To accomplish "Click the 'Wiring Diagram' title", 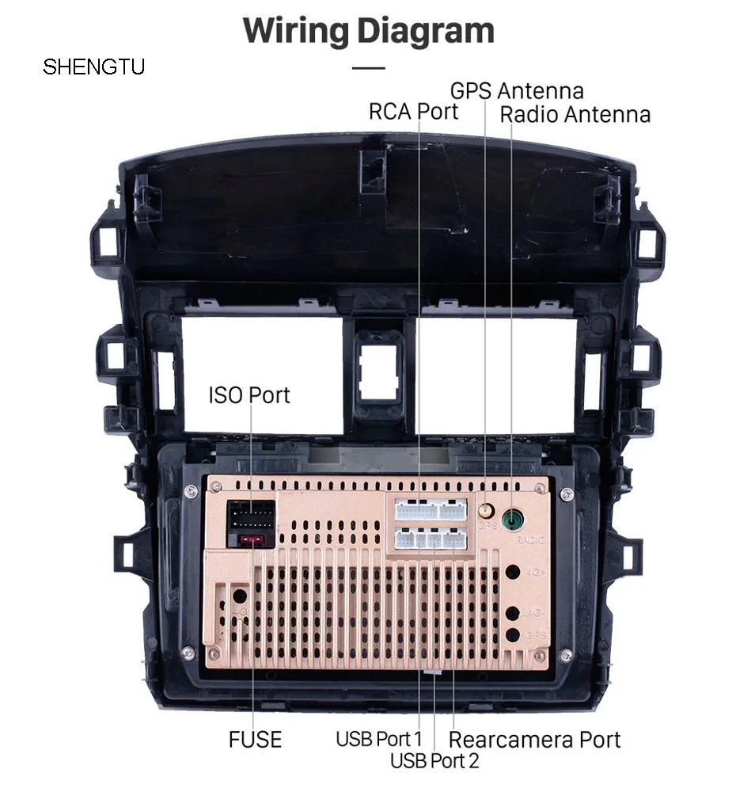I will [368, 31].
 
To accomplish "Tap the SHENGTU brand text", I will [93, 67].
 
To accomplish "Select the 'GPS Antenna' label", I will [517, 90].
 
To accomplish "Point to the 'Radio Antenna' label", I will [575, 114].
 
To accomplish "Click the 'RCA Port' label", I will [413, 111].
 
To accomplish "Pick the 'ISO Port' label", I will [249, 394].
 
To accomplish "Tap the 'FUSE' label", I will [255, 740].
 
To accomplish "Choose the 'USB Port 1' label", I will [379, 739].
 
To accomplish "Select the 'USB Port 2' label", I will [434, 761].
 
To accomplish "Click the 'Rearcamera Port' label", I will [534, 740].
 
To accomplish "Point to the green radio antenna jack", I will [514, 520].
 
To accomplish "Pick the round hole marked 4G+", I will [513, 570].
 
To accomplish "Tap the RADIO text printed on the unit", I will [530, 540].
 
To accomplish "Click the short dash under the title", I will [368, 68].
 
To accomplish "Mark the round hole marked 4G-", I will [513, 612].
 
